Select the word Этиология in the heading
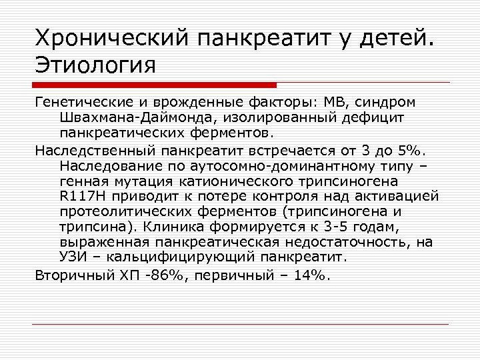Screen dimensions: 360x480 tap(95, 67)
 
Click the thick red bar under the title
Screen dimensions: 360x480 tap(154, 85)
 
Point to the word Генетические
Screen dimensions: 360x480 tap(78, 103)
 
